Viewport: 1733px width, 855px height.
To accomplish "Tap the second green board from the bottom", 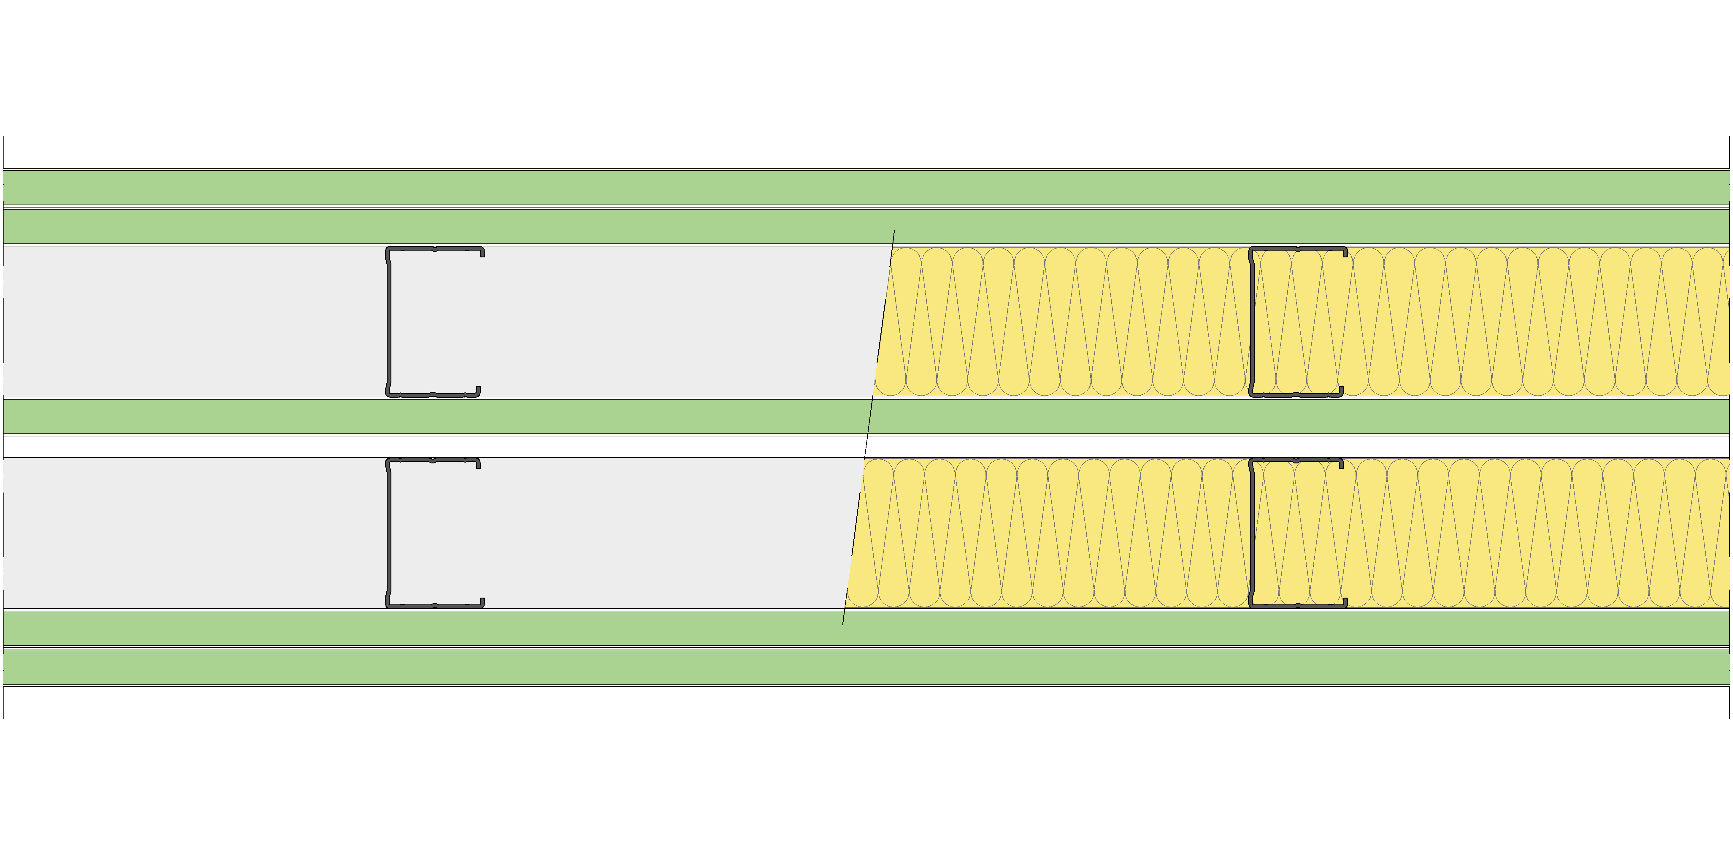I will point(866,628).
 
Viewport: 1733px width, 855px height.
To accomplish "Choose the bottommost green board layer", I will point(866,666).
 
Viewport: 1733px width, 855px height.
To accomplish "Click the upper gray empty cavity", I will point(639,322).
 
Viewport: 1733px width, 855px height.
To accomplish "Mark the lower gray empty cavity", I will point(639,533).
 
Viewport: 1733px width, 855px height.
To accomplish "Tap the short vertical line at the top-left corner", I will point(3,152).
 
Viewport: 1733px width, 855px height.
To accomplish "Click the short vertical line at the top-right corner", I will point(1729,152).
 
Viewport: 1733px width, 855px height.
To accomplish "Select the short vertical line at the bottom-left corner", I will point(3,702).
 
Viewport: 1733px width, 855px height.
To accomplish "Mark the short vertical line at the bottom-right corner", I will point(1729,702).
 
